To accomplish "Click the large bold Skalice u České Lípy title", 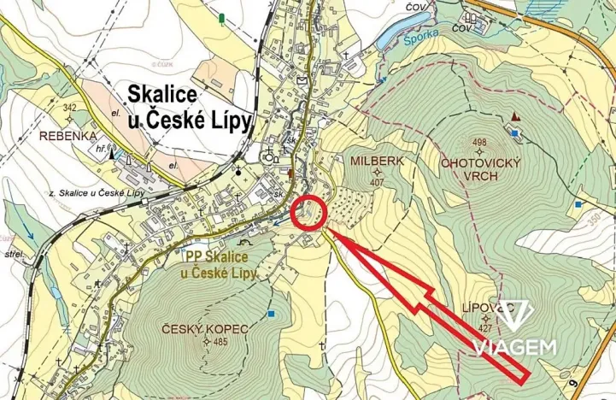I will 190,106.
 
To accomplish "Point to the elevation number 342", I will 69,108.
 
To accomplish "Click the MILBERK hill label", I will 377,160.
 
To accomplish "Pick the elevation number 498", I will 478,143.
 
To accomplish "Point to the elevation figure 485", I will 220,343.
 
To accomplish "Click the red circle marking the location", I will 309,213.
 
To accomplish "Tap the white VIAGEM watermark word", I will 517,347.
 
